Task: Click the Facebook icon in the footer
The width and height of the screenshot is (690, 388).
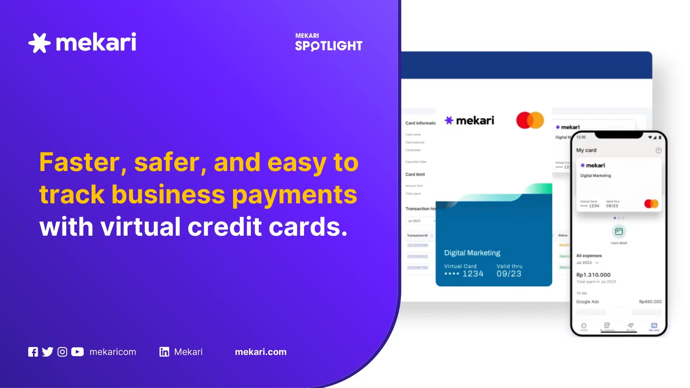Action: point(33,352)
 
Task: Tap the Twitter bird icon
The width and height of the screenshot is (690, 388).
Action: point(47,352)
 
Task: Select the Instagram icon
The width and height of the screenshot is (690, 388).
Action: point(62,352)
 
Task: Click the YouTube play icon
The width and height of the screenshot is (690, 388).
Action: point(77,352)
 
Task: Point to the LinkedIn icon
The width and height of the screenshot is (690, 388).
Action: point(164,352)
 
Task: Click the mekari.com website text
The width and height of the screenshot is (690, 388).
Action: point(261,352)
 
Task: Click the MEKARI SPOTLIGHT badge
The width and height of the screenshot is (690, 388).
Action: point(328,42)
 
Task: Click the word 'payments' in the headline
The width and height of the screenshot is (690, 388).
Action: point(295,195)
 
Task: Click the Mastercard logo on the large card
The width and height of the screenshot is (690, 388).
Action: point(530,120)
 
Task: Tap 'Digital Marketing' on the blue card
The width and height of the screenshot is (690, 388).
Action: point(472,253)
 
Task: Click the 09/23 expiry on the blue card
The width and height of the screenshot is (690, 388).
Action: point(509,274)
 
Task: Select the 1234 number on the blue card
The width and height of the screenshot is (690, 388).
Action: point(473,274)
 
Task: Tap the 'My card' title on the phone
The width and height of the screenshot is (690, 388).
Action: point(586,150)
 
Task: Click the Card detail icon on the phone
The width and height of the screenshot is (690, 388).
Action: point(619,232)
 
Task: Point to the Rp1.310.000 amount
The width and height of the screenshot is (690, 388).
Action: point(593,275)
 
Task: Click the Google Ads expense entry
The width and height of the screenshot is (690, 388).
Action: point(588,302)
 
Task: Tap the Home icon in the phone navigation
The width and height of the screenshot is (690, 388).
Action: point(584,326)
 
